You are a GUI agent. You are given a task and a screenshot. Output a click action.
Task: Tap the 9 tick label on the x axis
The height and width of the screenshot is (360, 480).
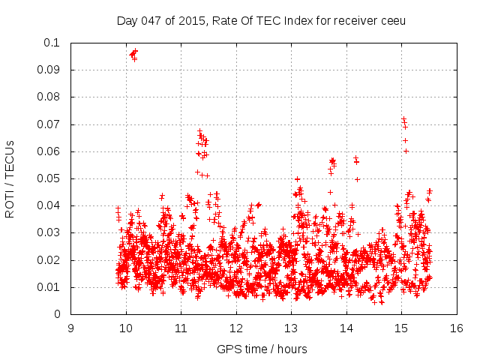70,328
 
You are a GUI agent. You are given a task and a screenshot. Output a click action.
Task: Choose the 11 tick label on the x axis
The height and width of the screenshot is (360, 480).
181,328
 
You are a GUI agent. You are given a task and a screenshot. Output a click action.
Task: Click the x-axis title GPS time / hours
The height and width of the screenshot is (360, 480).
263,349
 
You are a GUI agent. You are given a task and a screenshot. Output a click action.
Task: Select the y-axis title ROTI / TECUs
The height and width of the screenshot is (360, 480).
10,178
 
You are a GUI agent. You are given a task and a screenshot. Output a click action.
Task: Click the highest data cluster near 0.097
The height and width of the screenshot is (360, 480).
133,53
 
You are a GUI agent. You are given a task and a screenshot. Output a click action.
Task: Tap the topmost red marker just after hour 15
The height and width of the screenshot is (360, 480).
403,118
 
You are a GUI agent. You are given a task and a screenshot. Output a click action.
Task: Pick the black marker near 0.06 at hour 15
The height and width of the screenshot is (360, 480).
406,151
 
